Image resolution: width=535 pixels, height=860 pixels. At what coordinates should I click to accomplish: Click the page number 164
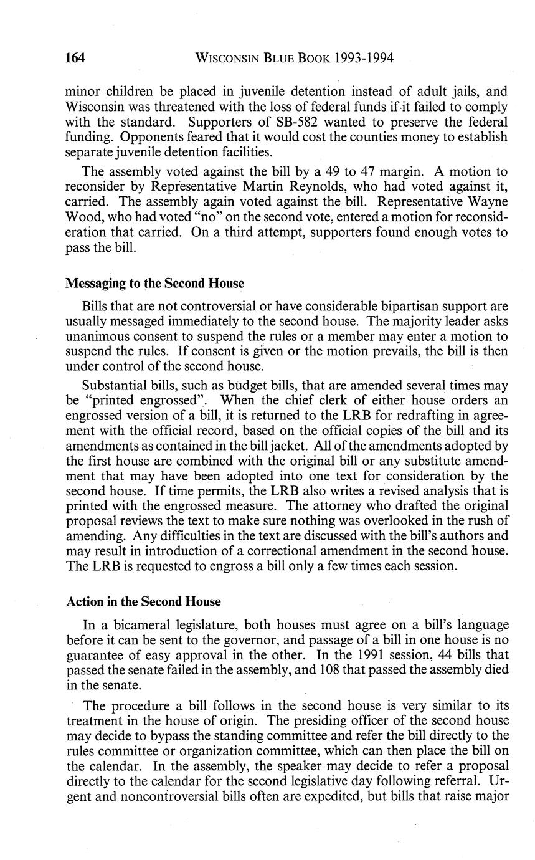75,59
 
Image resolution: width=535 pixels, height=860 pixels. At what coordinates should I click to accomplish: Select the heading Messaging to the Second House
154,284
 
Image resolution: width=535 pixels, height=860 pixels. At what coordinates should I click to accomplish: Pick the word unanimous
96,337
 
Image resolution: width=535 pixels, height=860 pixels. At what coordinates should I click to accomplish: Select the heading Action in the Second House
143,602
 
